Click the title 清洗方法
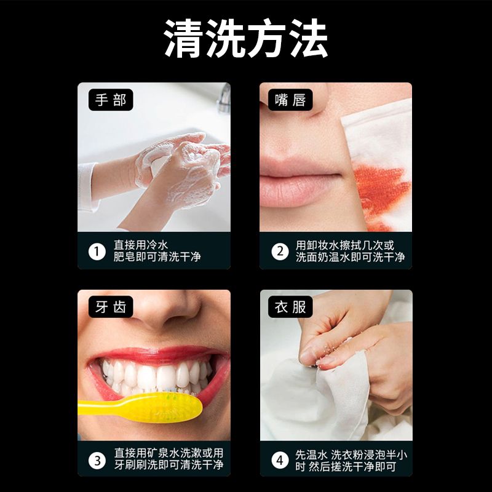tap(246, 38)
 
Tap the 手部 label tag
tap(111, 100)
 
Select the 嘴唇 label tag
tap(290, 100)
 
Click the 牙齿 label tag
tap(111, 306)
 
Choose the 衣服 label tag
tap(290, 306)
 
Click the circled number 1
tap(97, 252)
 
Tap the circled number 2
tap(280, 252)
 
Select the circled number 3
tap(97, 461)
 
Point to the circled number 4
tap(280, 461)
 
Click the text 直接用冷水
tap(141, 245)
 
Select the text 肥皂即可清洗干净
tap(157, 257)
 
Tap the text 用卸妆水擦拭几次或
tap(345, 245)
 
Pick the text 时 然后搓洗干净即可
tap(346, 467)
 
